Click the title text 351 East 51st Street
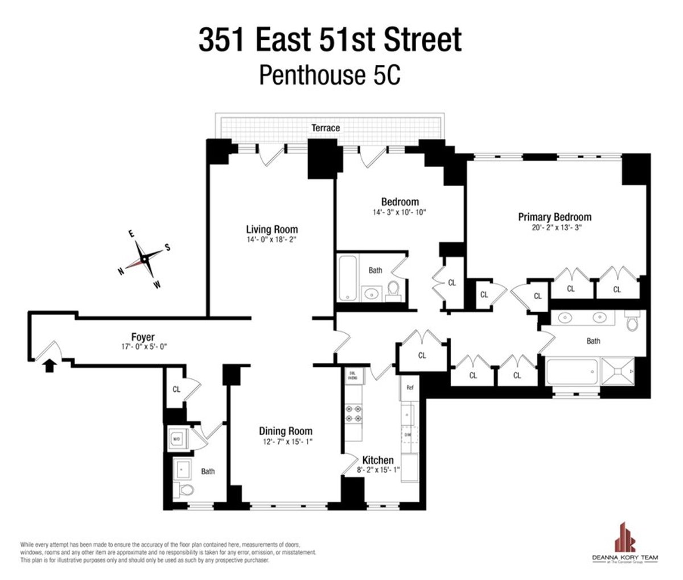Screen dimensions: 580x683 coord(330,42)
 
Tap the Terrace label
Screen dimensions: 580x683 coord(326,128)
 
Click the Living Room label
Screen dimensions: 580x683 coord(271,229)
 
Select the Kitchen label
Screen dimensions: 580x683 coord(378,460)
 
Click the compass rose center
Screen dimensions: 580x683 coord(145,259)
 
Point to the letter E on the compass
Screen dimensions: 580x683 coord(131,234)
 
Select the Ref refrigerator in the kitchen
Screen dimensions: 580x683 coord(409,388)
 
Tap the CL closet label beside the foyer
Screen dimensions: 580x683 coord(176,390)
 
